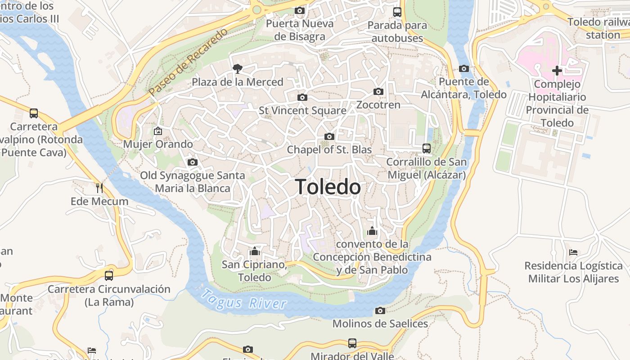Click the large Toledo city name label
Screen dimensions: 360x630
(x=328, y=187)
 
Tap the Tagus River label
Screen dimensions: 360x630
(x=243, y=300)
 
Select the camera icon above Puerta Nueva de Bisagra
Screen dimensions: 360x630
(x=299, y=10)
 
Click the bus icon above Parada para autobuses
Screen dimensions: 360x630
(x=397, y=12)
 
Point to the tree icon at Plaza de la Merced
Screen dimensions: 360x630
(x=237, y=69)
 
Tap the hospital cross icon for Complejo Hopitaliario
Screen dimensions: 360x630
(x=557, y=71)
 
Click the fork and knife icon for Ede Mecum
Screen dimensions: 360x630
(x=99, y=188)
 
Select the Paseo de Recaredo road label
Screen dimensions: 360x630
(x=188, y=63)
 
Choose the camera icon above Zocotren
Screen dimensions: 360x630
(x=378, y=92)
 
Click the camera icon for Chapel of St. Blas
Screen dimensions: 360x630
(x=329, y=137)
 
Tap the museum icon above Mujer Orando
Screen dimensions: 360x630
(x=158, y=131)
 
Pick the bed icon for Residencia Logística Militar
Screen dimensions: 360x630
(x=573, y=252)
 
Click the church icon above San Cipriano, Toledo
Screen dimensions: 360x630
(x=255, y=251)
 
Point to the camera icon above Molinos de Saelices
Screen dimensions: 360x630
(x=380, y=310)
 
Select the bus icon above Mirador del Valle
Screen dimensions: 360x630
(x=352, y=343)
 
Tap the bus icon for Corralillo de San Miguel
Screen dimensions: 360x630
(x=426, y=148)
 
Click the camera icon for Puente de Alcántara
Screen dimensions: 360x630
(x=463, y=69)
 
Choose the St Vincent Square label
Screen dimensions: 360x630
(x=302, y=110)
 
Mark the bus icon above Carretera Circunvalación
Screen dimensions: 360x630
(x=109, y=276)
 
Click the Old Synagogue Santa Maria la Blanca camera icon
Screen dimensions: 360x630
(x=193, y=162)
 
